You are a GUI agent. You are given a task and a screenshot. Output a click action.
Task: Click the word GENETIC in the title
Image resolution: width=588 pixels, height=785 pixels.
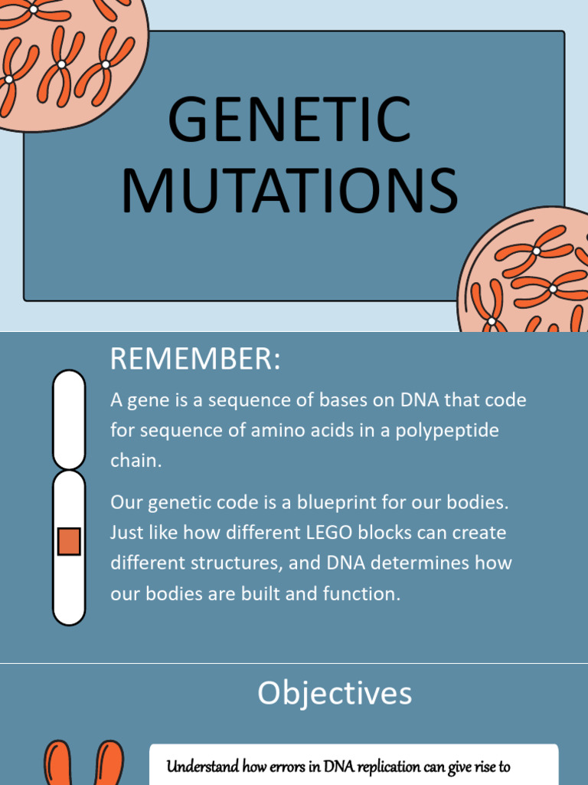pos(289,120)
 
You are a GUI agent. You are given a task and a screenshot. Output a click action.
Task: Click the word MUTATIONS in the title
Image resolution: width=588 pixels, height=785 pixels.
pos(289,191)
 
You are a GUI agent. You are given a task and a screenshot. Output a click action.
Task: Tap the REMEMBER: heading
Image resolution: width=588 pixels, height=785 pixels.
pos(195,359)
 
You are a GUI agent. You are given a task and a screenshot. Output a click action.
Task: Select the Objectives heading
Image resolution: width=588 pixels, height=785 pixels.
pos(335,693)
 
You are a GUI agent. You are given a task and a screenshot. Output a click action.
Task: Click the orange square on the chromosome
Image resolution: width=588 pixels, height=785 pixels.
pos(69,541)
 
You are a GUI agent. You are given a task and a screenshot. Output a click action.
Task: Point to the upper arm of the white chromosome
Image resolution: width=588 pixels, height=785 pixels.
pos(69,419)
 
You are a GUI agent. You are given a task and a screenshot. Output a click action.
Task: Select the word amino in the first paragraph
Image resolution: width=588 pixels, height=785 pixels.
pos(275,430)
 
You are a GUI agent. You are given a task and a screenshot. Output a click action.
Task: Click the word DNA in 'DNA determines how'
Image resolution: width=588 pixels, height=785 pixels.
pos(348,563)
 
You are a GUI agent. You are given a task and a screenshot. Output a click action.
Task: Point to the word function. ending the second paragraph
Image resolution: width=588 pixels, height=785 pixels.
pos(364,594)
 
